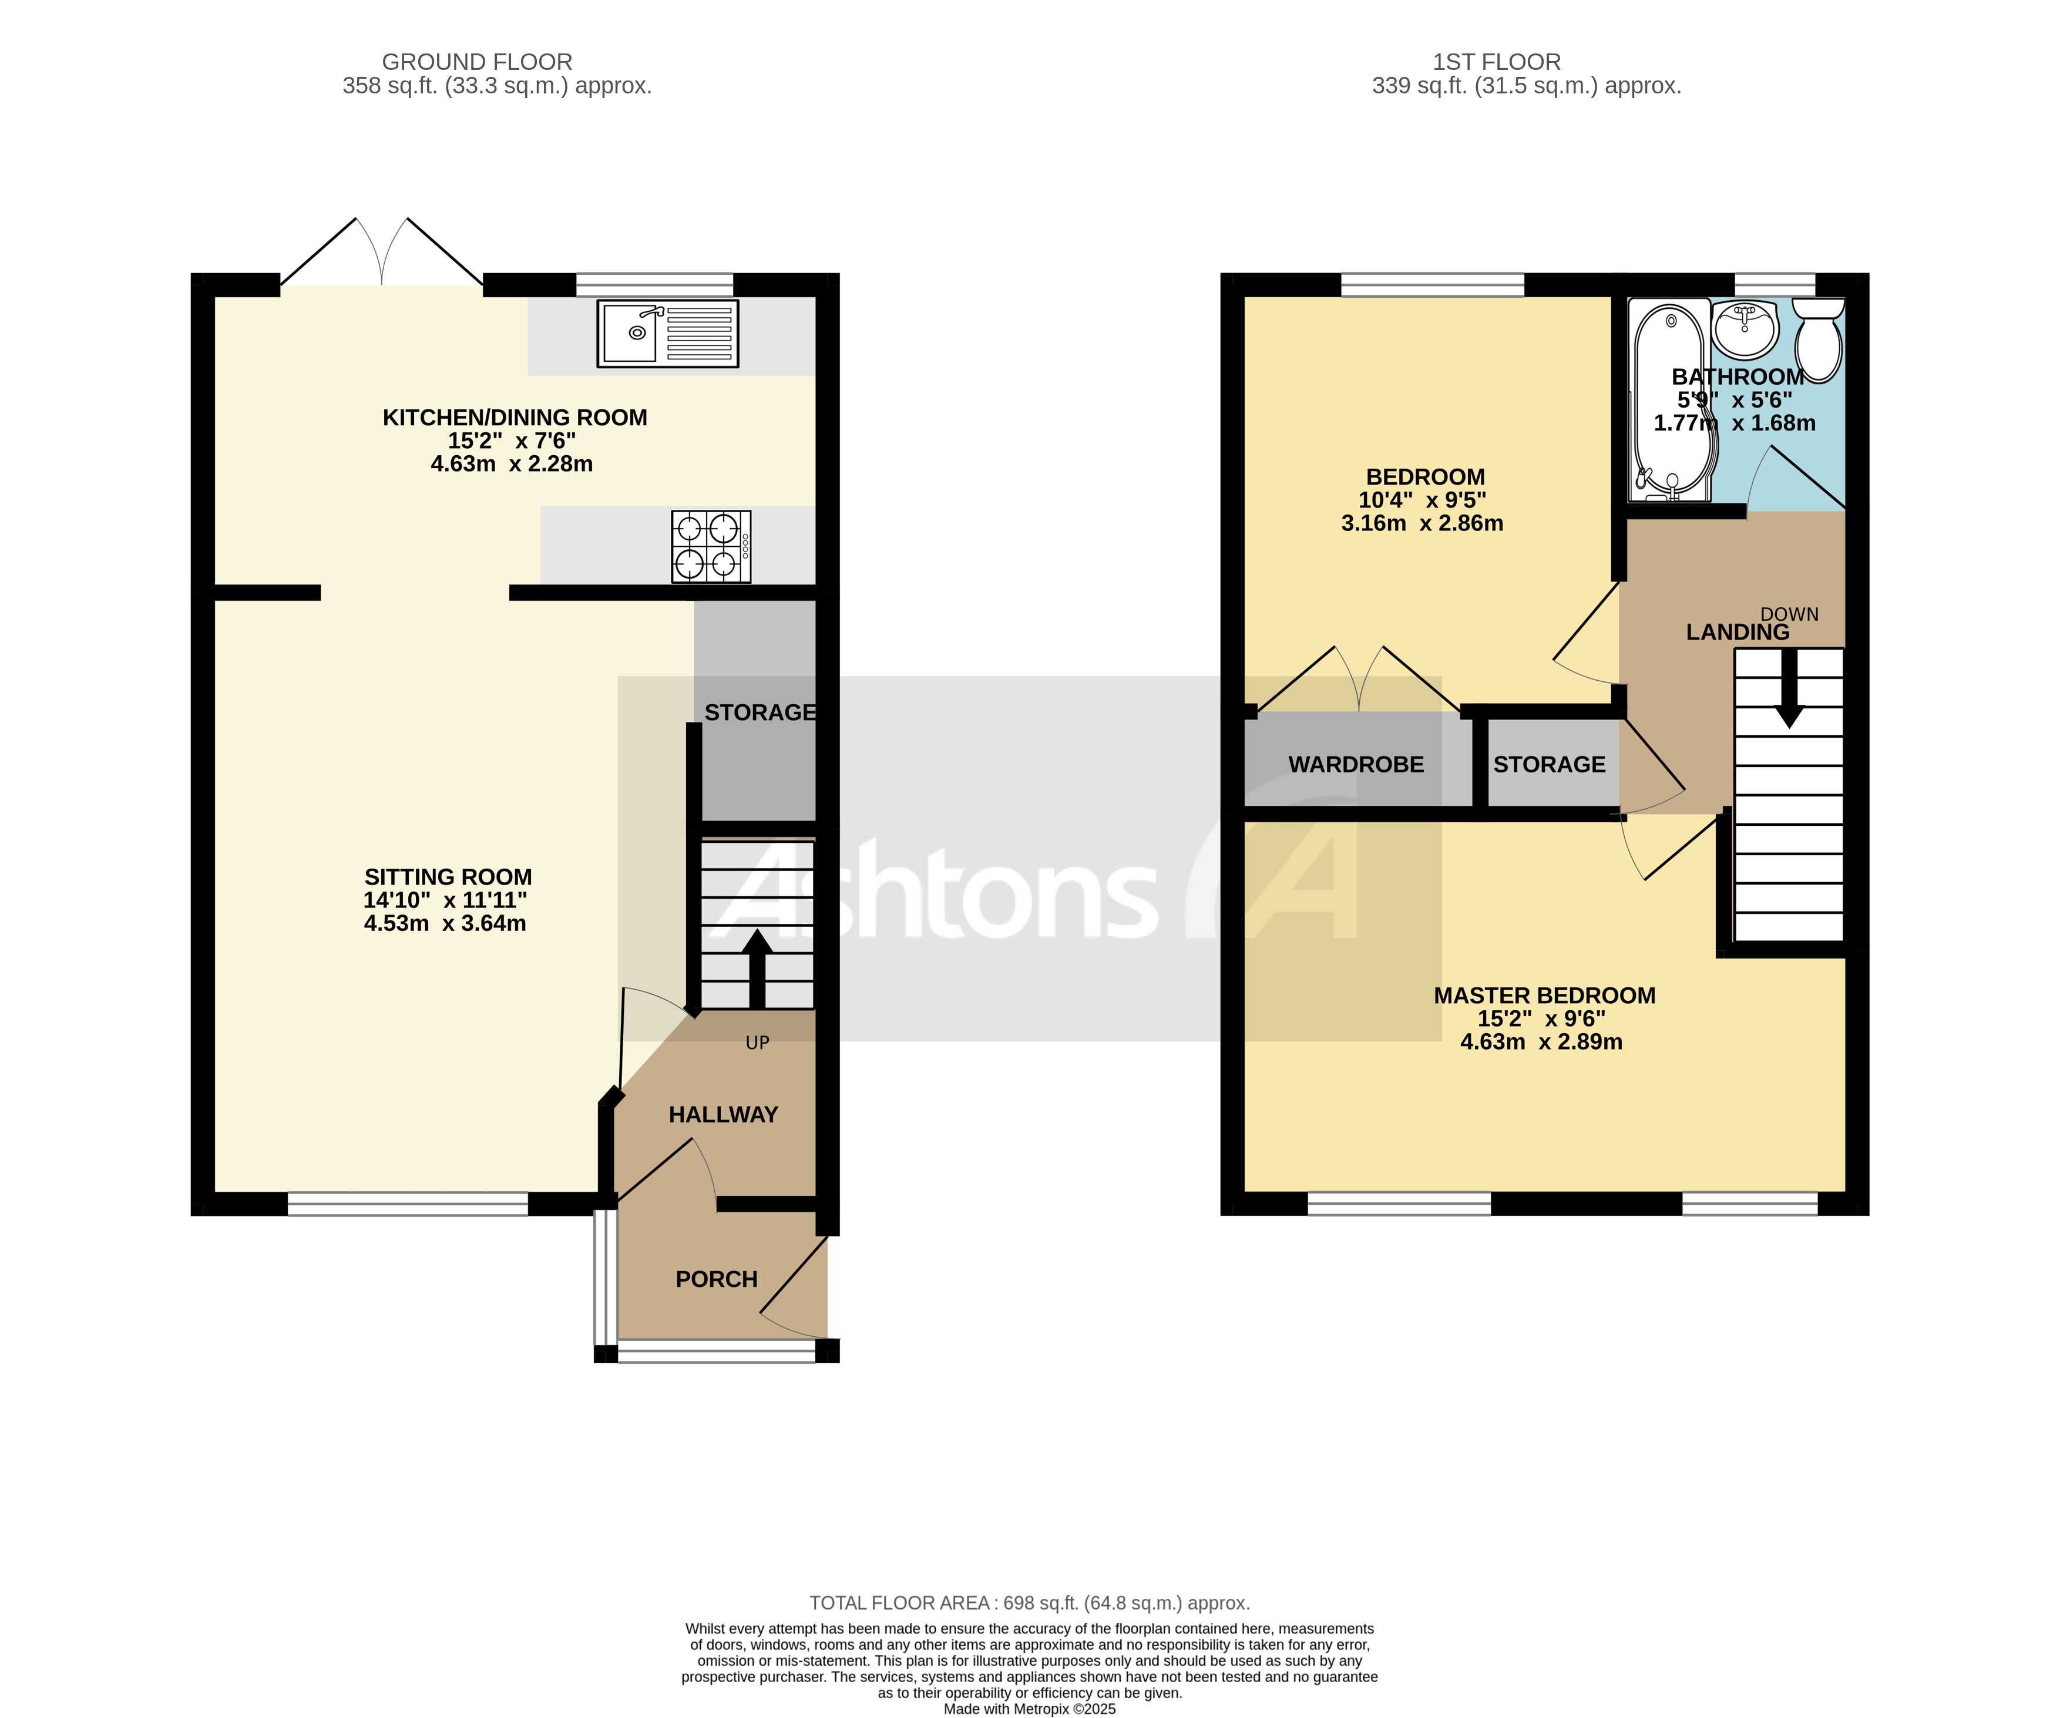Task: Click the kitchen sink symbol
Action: pyautogui.click(x=667, y=334)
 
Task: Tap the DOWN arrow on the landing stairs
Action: pyautogui.click(x=1789, y=687)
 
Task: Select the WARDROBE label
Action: pyautogui.click(x=1356, y=764)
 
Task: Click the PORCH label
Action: pyautogui.click(x=716, y=1279)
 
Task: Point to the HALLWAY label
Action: pyautogui.click(x=723, y=1115)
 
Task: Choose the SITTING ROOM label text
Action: pyautogui.click(x=448, y=877)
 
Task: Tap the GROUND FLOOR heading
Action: pyautogui.click(x=477, y=62)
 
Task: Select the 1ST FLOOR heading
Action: pyautogui.click(x=1496, y=62)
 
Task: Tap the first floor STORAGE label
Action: pyautogui.click(x=1549, y=764)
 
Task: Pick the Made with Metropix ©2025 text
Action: pyautogui.click(x=1029, y=1709)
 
